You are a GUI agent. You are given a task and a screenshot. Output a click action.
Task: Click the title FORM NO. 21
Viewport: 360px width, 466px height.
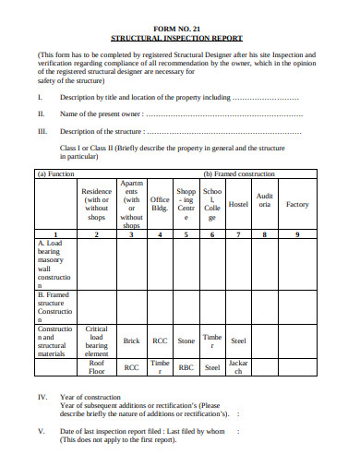(x=180, y=28)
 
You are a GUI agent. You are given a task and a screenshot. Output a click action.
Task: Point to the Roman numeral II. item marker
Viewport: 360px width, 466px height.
(x=41, y=114)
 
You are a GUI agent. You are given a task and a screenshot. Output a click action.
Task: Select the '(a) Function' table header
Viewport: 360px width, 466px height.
(x=55, y=173)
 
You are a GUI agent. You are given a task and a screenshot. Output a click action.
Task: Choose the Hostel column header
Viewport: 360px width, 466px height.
(x=238, y=204)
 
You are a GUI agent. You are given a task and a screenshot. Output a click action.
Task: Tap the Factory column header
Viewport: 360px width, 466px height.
(x=297, y=204)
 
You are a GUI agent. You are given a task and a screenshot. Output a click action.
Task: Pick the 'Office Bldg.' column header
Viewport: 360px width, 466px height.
(x=160, y=204)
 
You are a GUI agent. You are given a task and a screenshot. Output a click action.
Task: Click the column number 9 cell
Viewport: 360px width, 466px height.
(x=297, y=234)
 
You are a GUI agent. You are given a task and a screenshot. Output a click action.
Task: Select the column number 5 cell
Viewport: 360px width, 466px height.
(x=186, y=234)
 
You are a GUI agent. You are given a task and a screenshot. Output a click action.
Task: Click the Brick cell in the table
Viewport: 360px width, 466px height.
(x=131, y=341)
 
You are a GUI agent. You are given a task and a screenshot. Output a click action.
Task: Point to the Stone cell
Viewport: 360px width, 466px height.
(x=186, y=341)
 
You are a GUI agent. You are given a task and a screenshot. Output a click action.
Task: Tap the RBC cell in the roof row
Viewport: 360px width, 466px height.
(x=186, y=367)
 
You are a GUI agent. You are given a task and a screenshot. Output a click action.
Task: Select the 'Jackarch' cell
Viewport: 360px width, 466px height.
(x=238, y=367)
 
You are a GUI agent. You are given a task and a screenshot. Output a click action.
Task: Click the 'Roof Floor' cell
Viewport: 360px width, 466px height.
(x=97, y=367)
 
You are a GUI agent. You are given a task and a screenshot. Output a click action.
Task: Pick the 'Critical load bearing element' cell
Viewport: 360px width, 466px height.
(x=97, y=341)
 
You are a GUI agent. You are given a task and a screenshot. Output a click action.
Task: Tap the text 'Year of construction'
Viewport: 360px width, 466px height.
(x=92, y=396)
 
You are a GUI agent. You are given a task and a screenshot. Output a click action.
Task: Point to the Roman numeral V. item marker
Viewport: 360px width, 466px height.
(x=42, y=431)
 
